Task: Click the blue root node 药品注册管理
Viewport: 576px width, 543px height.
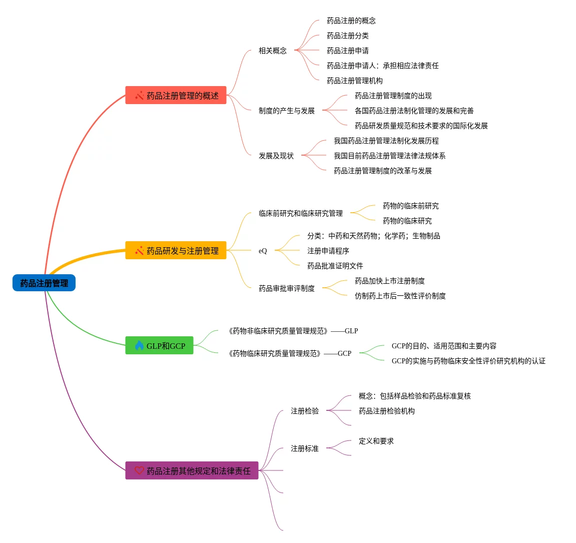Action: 44,283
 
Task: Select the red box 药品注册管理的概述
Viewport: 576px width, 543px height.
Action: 176,96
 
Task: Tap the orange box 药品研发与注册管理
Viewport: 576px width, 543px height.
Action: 176,251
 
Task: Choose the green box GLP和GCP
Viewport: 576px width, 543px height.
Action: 159,346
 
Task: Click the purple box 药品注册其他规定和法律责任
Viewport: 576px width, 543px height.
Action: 192,471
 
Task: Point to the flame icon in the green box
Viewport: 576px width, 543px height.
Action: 139,345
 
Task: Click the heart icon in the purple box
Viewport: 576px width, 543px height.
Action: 139,470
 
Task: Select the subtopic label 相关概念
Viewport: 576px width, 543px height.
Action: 273,51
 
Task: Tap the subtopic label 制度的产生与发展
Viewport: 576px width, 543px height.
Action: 287,111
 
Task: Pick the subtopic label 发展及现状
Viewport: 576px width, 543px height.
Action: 276,156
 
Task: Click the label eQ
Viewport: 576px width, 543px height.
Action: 263,251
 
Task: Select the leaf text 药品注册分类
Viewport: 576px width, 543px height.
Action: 348,36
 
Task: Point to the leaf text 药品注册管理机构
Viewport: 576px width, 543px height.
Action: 355,81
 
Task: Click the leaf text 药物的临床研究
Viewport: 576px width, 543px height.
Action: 407,221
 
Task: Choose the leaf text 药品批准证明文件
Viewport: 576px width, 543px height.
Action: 335,266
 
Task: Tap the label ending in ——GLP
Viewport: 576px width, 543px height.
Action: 293,331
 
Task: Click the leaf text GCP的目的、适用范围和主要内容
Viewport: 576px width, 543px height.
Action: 444,346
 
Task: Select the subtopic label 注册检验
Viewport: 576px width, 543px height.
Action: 305,411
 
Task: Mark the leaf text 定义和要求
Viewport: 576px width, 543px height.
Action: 376,441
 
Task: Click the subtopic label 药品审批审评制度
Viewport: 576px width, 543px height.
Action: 287,288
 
